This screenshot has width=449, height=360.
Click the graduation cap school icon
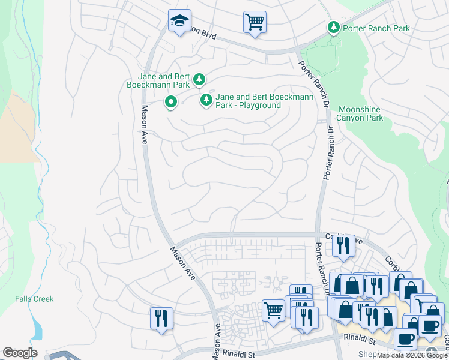click(x=179, y=21)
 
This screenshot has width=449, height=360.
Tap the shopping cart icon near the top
click(x=255, y=22)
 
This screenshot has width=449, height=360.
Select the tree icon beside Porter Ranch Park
click(x=333, y=28)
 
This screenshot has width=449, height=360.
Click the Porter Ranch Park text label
click(x=375, y=28)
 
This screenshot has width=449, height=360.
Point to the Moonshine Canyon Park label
click(x=360, y=114)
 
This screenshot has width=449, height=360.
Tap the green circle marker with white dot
click(x=171, y=103)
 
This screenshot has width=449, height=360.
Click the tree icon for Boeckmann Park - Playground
click(x=206, y=100)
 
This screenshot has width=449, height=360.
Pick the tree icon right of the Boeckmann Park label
click(x=199, y=79)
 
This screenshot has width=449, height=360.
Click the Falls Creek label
click(x=34, y=299)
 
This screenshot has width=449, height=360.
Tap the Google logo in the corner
click(x=20, y=353)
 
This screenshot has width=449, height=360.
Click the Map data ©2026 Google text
click(x=412, y=355)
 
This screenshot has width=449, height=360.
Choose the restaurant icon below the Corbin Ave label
click(x=343, y=245)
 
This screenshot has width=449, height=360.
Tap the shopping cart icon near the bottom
click(x=274, y=310)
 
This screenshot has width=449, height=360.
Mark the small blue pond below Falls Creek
click(x=37, y=329)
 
